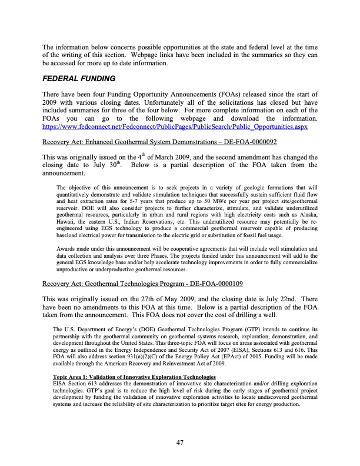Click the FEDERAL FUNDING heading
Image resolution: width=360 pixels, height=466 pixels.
point(79,78)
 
